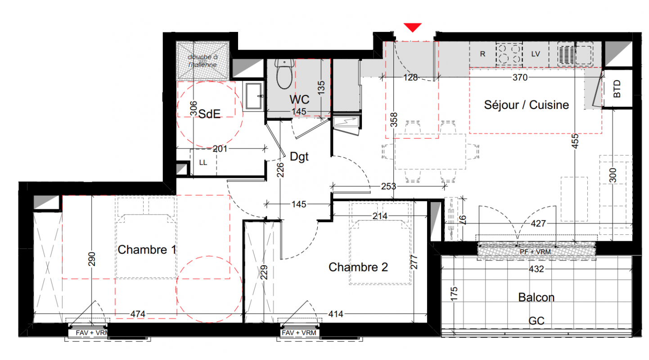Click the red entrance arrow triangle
[x=413, y=27]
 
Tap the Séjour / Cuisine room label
[x=527, y=105]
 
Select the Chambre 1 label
[x=147, y=250]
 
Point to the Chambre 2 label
[x=358, y=267]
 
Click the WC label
[x=300, y=99]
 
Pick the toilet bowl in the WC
[x=284, y=74]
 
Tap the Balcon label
[x=536, y=297]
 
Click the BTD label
[x=617, y=89]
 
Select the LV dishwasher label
[x=536, y=54]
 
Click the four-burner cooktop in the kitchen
[x=509, y=54]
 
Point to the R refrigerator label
[x=482, y=54]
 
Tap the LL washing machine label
[x=203, y=162]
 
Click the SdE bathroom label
[x=209, y=114]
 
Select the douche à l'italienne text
[x=203, y=61]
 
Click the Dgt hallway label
[x=299, y=157]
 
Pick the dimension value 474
[x=138, y=314]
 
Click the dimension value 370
[x=520, y=77]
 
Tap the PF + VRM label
[x=535, y=252]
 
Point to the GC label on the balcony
[x=536, y=321]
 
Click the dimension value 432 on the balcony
[x=536, y=269]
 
